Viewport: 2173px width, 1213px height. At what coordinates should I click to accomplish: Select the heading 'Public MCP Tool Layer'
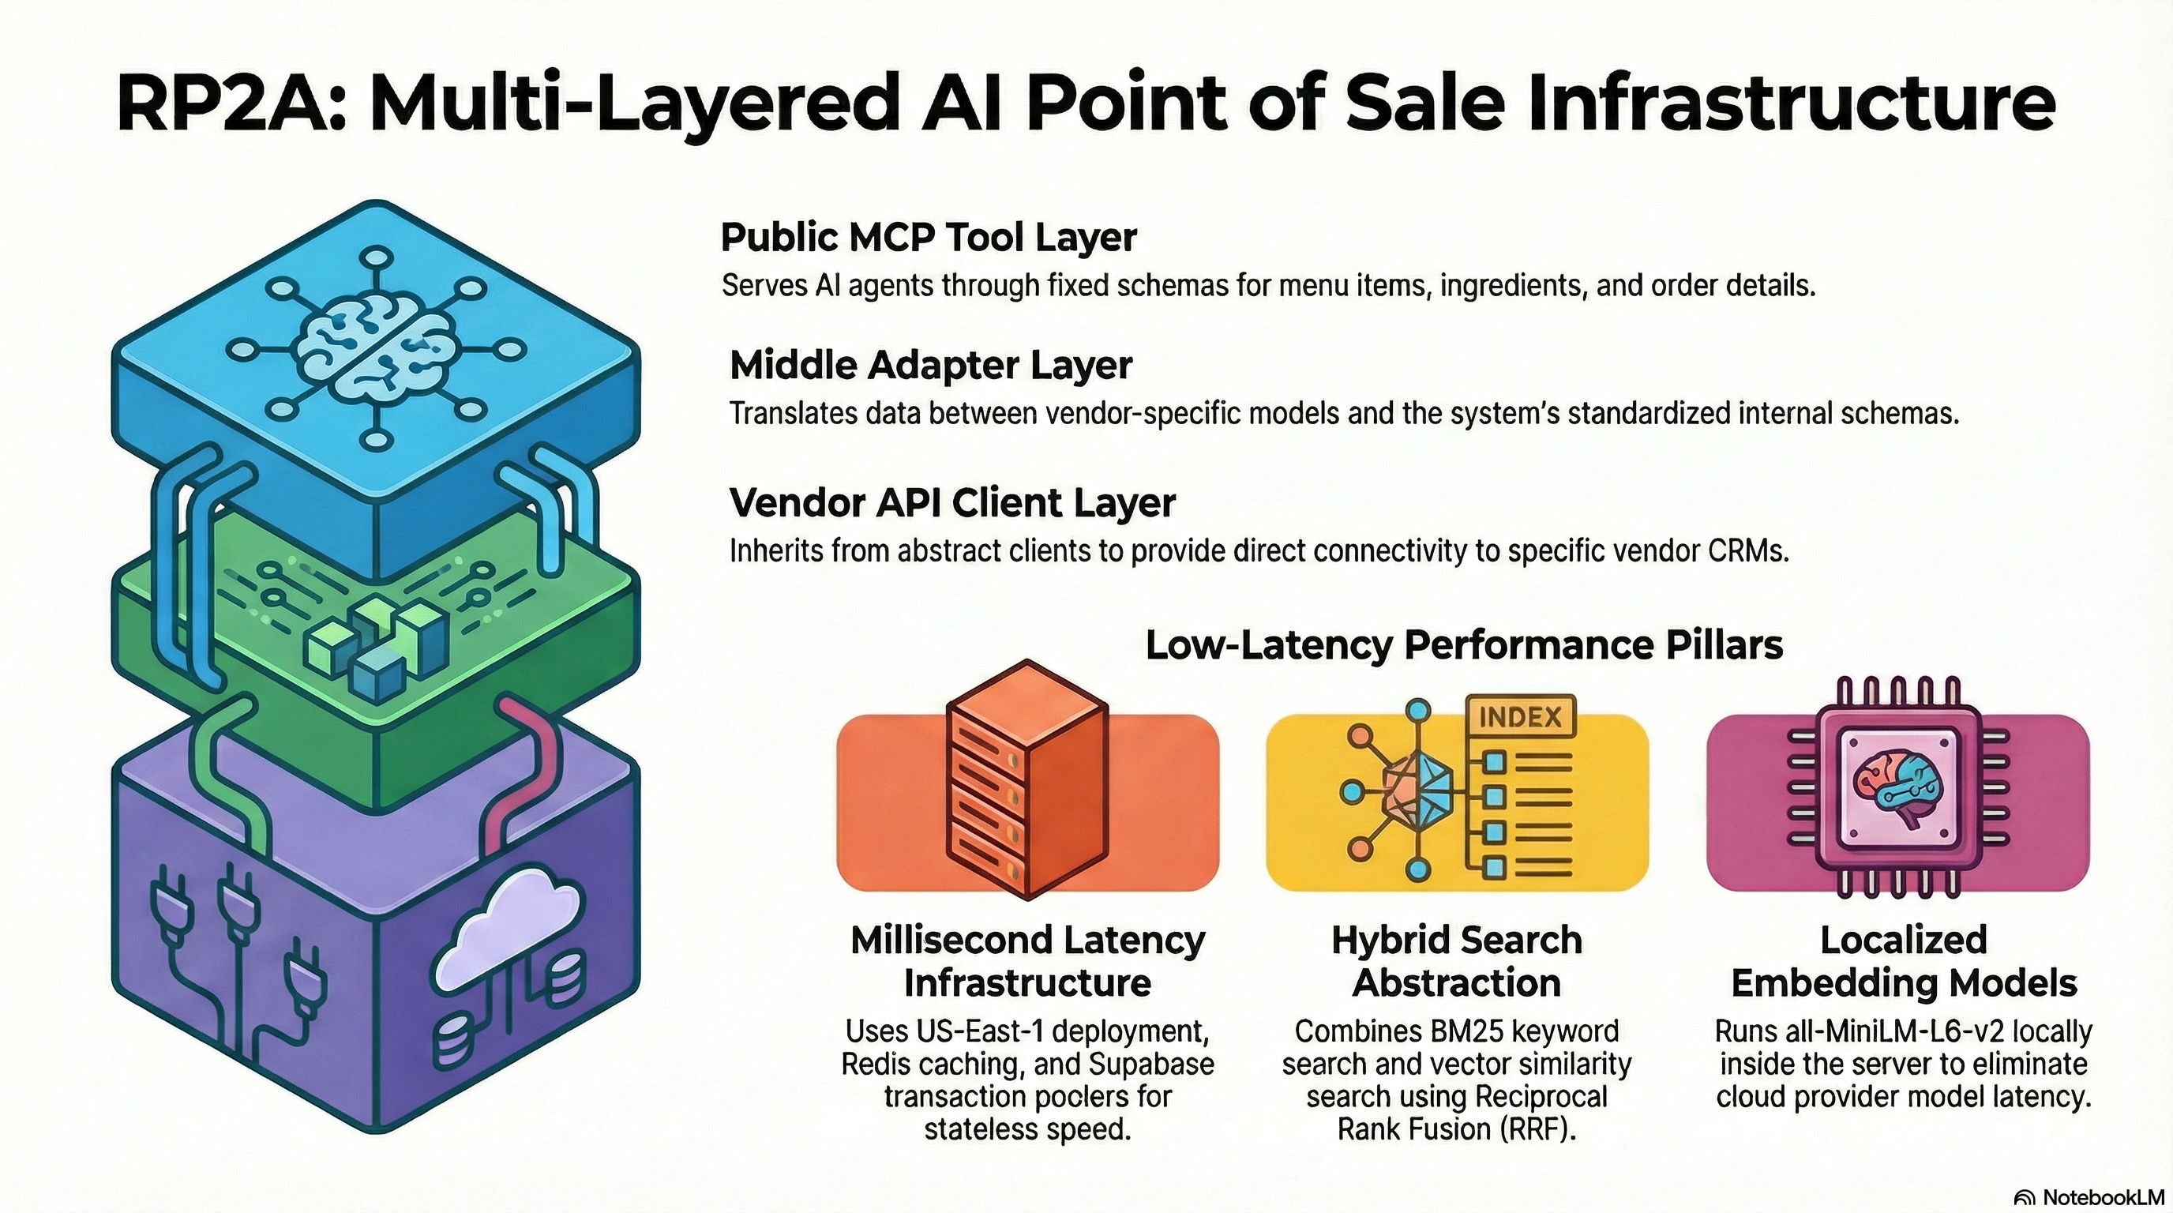[x=928, y=238]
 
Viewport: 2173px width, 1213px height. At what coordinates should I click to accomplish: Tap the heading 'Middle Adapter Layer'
[x=930, y=366]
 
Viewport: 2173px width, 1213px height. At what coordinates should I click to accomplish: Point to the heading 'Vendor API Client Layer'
[x=951, y=504]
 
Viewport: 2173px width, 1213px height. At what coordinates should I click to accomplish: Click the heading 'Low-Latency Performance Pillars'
[x=1464, y=645]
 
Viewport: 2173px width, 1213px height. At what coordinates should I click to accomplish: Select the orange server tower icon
[x=1026, y=780]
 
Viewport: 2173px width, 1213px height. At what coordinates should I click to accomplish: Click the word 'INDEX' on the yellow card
[x=1520, y=718]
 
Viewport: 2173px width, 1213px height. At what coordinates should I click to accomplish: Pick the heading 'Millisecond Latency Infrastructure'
[x=1027, y=962]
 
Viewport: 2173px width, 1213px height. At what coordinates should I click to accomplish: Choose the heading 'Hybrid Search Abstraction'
[x=1456, y=962]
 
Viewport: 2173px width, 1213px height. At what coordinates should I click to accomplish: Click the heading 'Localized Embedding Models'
[x=1903, y=962]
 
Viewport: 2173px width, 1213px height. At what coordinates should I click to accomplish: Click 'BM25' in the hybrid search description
[x=1465, y=1031]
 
